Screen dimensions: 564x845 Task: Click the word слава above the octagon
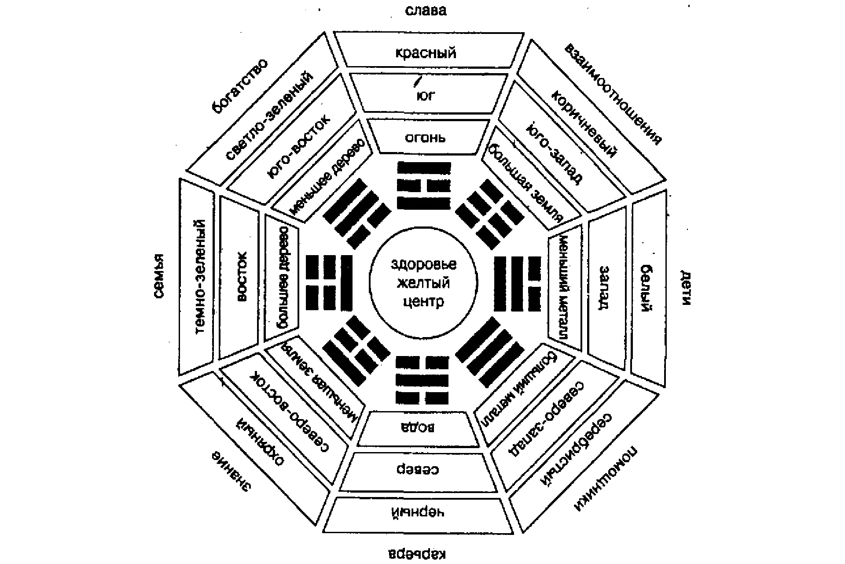[x=426, y=11]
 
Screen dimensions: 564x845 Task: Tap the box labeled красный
[x=426, y=53]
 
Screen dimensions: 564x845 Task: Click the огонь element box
[x=426, y=137]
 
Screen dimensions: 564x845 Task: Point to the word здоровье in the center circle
[x=423, y=264]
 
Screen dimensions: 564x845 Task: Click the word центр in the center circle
[x=423, y=302]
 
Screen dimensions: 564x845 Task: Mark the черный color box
[x=419, y=513]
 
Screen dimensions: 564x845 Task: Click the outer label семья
[x=159, y=276]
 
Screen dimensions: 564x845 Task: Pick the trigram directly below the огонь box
[x=424, y=185]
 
